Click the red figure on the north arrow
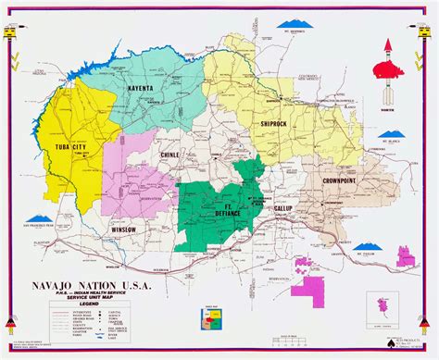coord(389,68)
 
